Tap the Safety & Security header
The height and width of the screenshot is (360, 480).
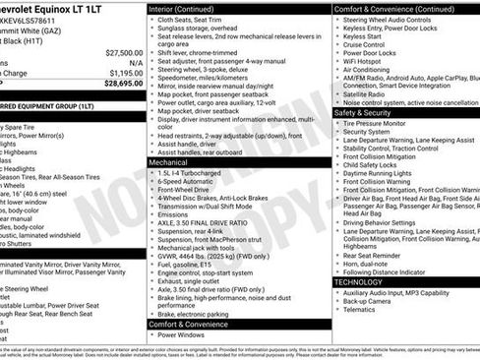(x=364, y=112)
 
